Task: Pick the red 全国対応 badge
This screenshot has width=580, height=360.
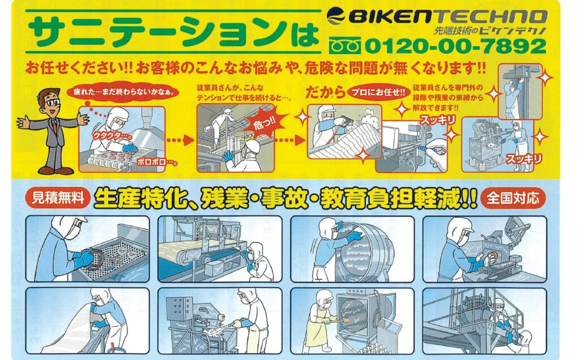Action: point(512,199)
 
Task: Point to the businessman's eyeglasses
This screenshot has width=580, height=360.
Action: point(53,102)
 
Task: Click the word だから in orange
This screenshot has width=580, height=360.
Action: point(325,92)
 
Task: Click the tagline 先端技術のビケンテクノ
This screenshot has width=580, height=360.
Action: point(491,31)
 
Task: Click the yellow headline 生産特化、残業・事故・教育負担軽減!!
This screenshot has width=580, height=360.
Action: point(285,199)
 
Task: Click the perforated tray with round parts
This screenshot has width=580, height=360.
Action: point(112,258)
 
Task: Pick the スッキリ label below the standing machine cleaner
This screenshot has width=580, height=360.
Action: point(523,159)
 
